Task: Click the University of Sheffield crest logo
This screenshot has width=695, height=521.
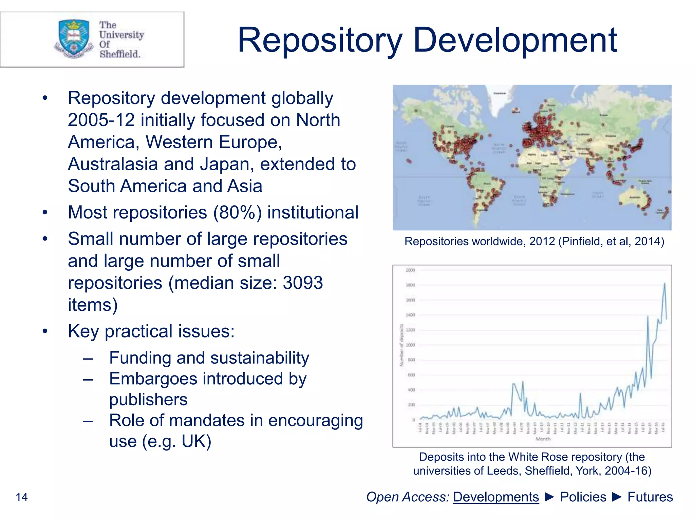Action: (74, 38)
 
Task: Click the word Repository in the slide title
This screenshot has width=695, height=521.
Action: (320, 41)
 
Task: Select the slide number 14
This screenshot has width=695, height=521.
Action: (22, 497)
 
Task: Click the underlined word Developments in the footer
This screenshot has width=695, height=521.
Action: (496, 497)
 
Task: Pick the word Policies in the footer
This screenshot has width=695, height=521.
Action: (583, 497)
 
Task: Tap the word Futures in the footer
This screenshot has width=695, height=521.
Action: (650, 497)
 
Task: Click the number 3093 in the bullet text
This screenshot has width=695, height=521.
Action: (303, 283)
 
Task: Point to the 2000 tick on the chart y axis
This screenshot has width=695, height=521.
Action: (410, 270)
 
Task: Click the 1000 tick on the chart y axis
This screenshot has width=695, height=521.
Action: (410, 345)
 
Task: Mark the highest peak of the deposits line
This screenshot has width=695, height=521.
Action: (664, 283)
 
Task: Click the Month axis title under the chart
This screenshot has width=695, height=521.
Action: (543, 439)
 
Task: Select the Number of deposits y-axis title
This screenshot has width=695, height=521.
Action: (401, 345)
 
